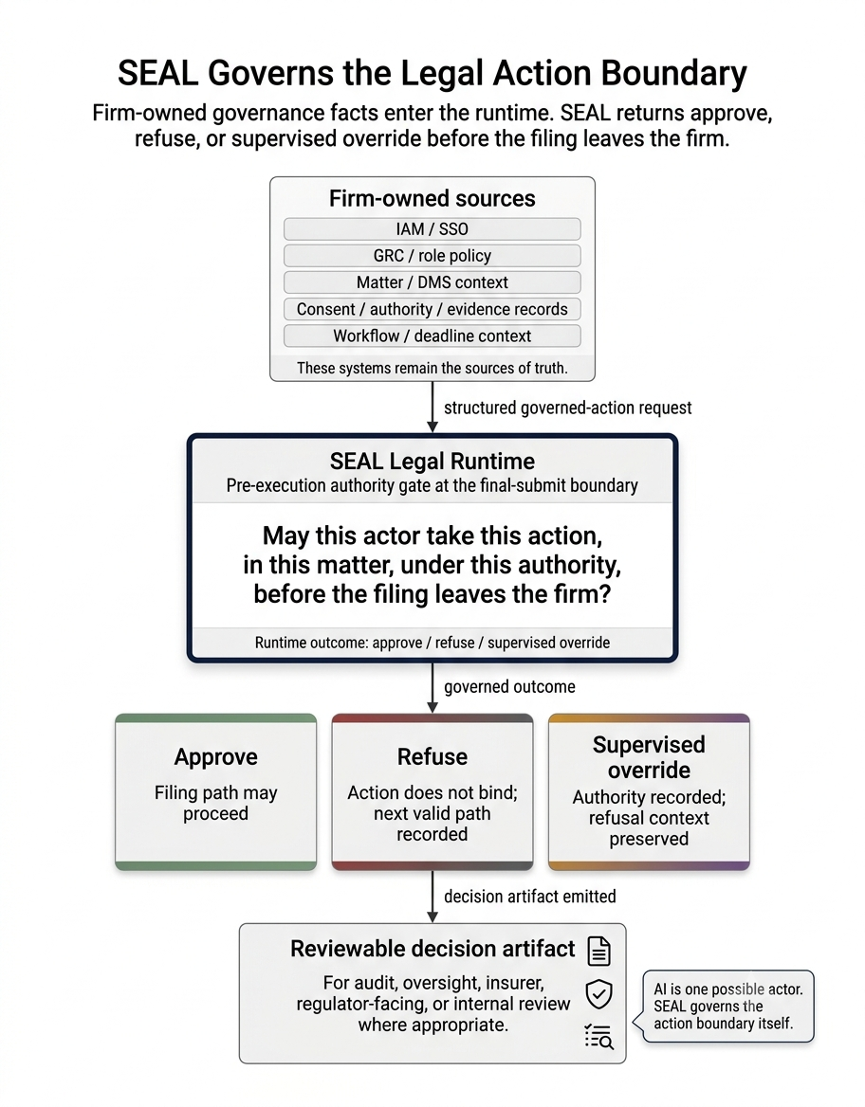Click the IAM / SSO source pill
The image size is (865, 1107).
coord(432,228)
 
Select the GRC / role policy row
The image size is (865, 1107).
coord(432,256)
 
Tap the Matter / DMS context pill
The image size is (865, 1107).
coord(432,282)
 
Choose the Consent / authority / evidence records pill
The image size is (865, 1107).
coord(432,309)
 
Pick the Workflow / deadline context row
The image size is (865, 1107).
coord(432,336)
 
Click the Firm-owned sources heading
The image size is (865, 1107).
coord(432,198)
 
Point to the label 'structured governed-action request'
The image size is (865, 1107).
coord(567,408)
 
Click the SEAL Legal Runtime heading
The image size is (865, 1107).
coord(432,461)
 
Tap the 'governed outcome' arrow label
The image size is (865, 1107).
coord(508,687)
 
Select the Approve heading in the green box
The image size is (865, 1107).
coord(215,757)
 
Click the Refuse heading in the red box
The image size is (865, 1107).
coord(432,757)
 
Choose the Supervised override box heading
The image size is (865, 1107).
coord(649,757)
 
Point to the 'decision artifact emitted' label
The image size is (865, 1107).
coord(529,897)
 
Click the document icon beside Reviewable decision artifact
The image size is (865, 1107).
coord(599,951)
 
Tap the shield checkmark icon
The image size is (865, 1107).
coord(599,994)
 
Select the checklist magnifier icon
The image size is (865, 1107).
coord(599,1037)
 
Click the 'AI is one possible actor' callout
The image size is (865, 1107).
coord(727,1006)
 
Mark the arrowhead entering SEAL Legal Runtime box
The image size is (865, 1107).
coord(432,427)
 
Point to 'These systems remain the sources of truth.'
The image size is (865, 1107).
coord(432,368)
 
